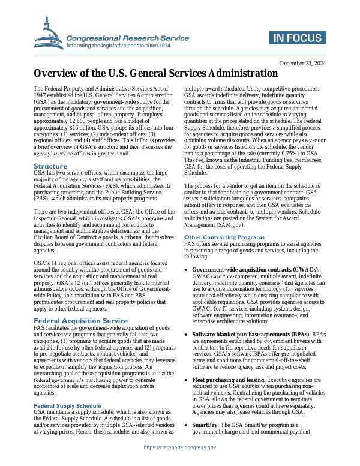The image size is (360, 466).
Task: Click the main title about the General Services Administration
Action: point(155,74)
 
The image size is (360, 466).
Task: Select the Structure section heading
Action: point(50,166)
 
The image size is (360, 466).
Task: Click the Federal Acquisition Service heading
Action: point(80,321)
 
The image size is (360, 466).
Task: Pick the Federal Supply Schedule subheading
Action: point(67,389)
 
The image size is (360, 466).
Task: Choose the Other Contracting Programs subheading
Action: point(224,237)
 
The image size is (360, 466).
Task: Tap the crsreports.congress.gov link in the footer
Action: point(180,447)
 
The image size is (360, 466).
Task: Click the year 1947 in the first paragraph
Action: point(40,95)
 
